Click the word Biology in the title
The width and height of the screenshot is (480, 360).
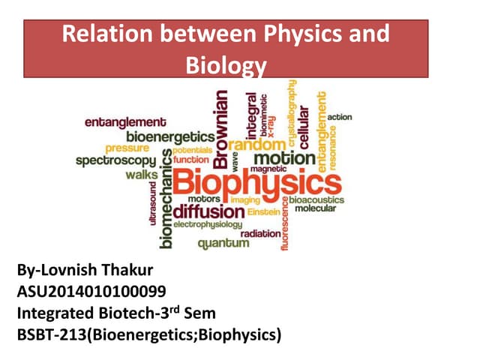[x=226, y=65]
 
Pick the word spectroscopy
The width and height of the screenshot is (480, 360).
[x=116, y=160]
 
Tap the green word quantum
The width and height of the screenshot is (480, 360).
[x=223, y=243]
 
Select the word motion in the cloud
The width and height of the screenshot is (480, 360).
[x=284, y=158]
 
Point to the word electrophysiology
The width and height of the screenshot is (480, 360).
[x=208, y=224]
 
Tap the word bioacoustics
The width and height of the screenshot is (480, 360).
[x=316, y=200]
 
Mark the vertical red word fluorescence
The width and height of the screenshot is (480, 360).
[x=283, y=224]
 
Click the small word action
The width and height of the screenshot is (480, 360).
[x=340, y=117]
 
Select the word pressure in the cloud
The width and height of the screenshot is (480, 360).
[x=127, y=148]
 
